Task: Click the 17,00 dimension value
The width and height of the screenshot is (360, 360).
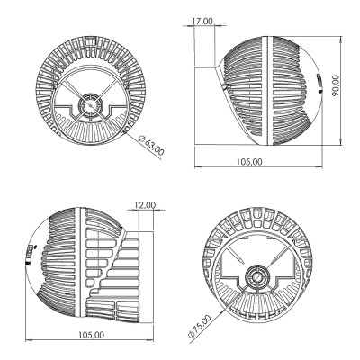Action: point(202,22)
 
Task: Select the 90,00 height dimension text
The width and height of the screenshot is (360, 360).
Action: point(336,85)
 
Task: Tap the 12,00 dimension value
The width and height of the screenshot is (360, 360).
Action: point(145,205)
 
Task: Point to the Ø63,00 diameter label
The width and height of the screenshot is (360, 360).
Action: point(151,145)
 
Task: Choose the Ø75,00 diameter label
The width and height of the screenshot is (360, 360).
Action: point(199,327)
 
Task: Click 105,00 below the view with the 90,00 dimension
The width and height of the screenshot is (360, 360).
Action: point(249,162)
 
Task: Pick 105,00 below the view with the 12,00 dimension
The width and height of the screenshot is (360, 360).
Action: point(92,335)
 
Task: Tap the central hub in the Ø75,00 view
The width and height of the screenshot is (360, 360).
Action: point(257,276)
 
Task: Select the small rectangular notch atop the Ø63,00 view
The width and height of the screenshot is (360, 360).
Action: point(91,40)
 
